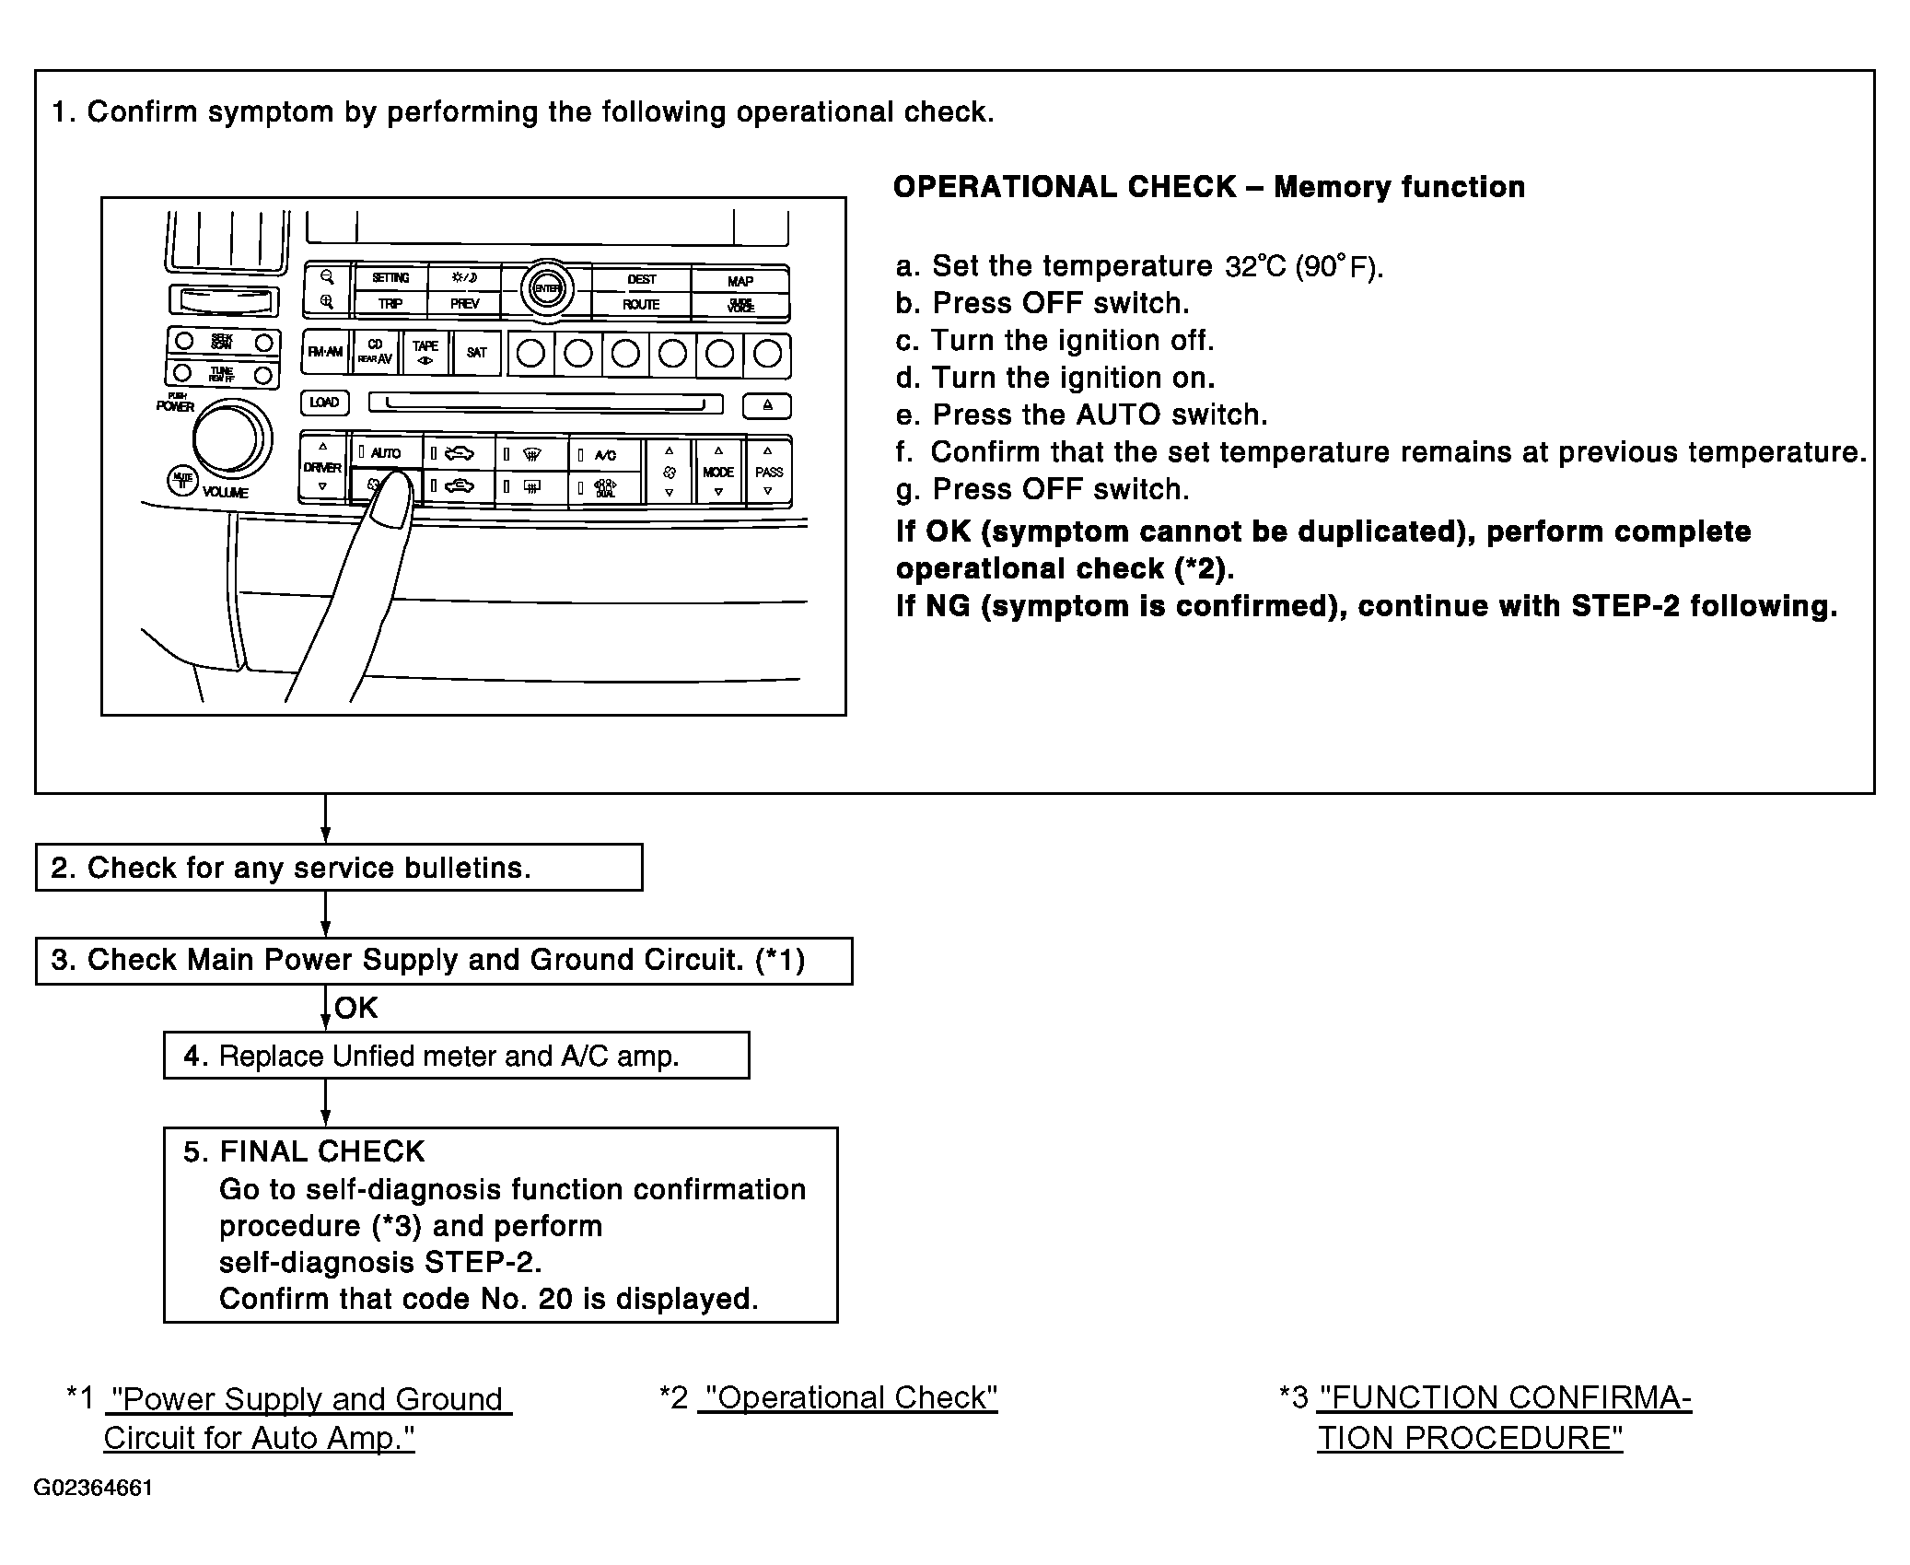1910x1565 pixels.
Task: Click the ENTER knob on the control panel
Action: click(547, 289)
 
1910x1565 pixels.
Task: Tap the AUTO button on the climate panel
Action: click(385, 453)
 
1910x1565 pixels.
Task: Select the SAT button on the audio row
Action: click(476, 353)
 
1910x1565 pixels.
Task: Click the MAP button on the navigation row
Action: click(740, 280)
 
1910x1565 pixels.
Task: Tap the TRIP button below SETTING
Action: click(390, 304)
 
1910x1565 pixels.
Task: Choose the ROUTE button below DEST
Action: click(641, 304)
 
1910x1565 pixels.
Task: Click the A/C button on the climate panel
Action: click(605, 455)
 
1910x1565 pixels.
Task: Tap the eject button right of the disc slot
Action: click(767, 404)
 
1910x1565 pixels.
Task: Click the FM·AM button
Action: click(325, 353)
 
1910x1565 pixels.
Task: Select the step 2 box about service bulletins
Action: click(338, 868)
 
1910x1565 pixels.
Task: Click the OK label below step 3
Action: click(356, 1008)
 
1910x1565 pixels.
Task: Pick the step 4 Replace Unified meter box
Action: click(456, 1056)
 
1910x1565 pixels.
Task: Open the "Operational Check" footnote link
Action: click(848, 1398)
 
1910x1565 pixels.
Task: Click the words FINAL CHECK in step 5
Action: click(321, 1151)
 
